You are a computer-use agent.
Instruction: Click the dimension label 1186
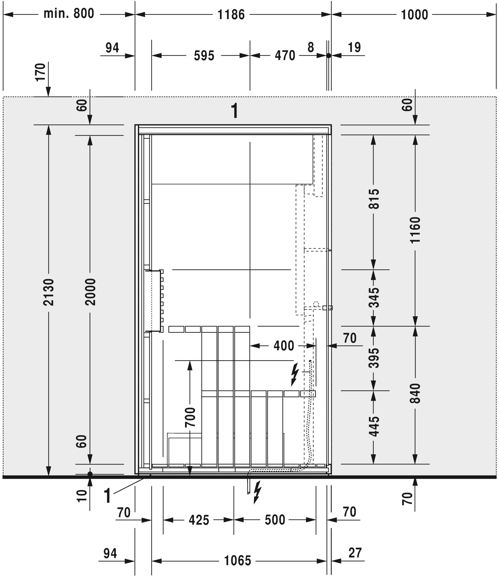pos(231,15)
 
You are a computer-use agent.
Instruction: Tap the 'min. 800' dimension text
pos(69,13)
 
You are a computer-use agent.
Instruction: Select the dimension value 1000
pos(414,15)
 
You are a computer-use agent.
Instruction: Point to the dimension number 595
pos(204,56)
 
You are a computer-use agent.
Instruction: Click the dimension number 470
pos(285,56)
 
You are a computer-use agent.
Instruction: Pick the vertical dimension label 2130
pos(49,292)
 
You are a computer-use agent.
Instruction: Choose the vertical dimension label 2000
pos(90,292)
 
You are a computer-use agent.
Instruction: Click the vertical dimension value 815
pos(374,199)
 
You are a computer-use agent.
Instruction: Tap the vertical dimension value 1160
pos(415,230)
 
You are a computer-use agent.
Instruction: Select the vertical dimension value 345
pos(374,298)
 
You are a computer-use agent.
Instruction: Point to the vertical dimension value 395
pos(374,358)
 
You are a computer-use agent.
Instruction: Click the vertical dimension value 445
pos(374,427)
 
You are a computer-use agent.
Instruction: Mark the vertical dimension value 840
pos(415,394)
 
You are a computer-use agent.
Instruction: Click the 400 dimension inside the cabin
pos(284,346)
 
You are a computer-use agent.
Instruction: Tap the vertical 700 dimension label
pos(190,417)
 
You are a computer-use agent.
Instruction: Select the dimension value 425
pos(199,520)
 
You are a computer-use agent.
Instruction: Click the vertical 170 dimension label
pos(41,72)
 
